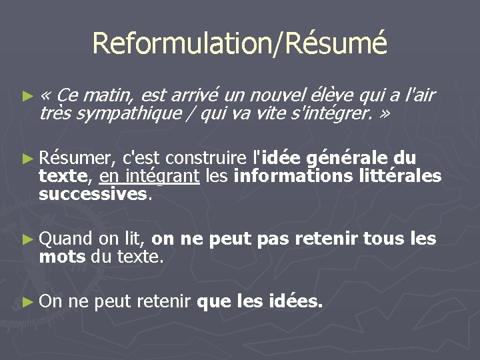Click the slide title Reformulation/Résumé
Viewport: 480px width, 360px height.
[239, 44]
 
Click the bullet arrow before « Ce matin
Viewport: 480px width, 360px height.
[27, 96]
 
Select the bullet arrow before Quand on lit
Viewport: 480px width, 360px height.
[27, 239]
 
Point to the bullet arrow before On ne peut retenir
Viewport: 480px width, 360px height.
[27, 302]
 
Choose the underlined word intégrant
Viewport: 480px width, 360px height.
[167, 176]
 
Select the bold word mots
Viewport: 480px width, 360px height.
[62, 256]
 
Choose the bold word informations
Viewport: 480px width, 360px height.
[296, 176]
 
